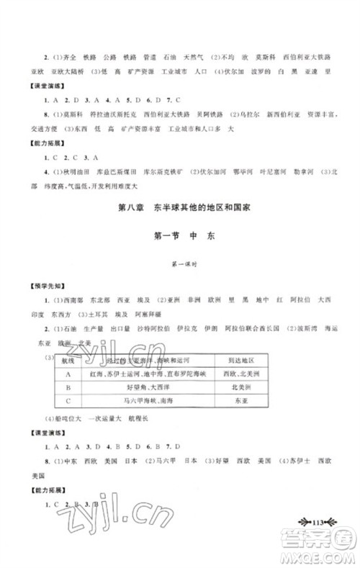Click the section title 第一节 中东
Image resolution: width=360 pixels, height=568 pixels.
click(181, 234)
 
